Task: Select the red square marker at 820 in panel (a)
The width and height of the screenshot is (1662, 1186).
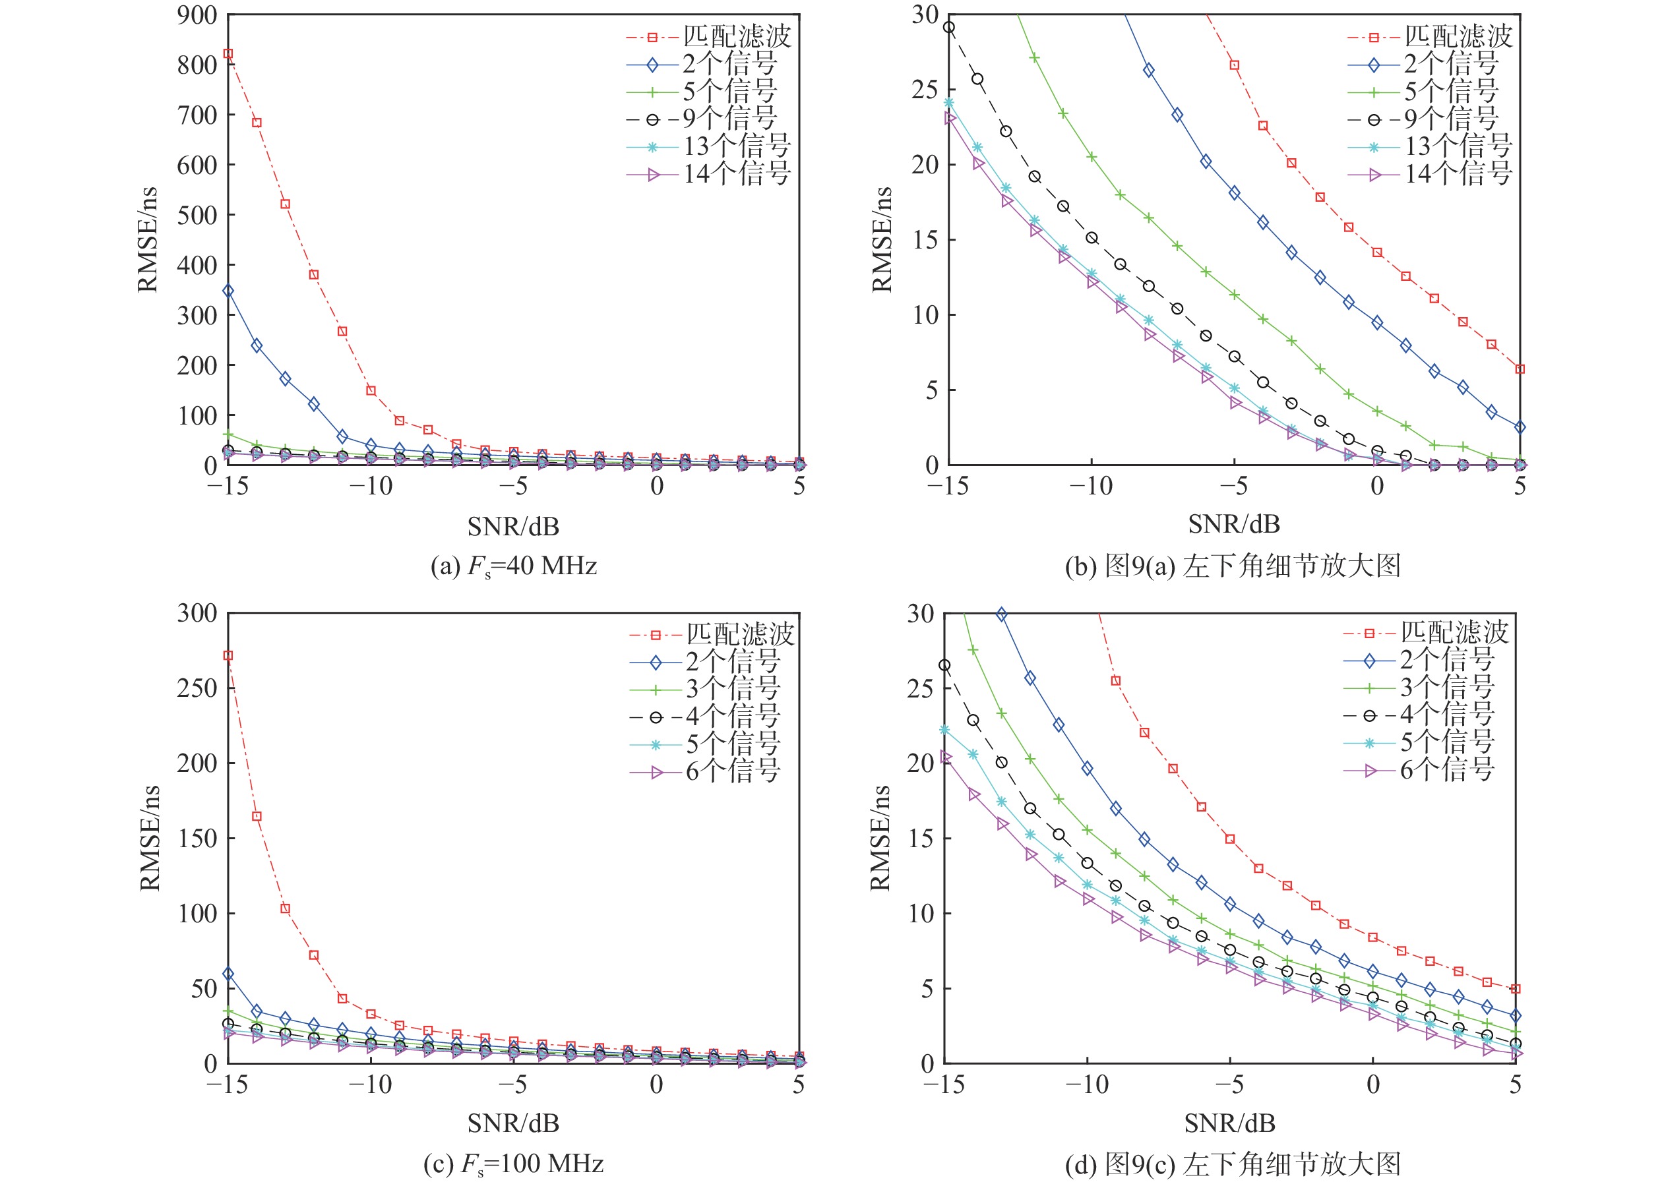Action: pos(228,53)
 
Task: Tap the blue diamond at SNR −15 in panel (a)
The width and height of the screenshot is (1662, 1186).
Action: pos(228,291)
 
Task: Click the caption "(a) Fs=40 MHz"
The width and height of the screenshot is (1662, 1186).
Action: pos(514,566)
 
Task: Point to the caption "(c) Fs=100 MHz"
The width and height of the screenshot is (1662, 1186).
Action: pos(514,1164)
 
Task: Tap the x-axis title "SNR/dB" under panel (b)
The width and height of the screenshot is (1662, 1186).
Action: pos(1234,524)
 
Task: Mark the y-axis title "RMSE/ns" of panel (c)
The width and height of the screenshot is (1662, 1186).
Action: pos(149,838)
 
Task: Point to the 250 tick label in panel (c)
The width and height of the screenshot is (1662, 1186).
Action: pos(197,688)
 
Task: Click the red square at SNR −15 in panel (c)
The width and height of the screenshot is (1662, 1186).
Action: pos(228,656)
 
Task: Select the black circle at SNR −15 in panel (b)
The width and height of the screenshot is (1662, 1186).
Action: pos(948,28)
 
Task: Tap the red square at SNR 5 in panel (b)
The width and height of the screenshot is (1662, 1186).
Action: pos(1520,369)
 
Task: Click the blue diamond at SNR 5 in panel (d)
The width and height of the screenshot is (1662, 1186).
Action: pos(1516,1016)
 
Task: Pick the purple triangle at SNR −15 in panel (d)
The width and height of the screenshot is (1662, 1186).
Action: pos(945,757)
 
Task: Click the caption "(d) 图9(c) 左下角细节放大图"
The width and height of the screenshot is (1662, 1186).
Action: pos(1233,1164)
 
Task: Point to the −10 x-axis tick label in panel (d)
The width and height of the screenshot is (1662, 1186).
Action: pos(1086,1084)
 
